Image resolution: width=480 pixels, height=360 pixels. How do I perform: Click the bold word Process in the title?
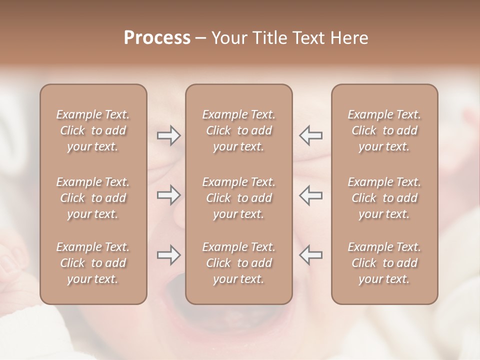tap(157, 38)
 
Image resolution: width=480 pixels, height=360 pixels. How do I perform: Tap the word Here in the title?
tap(348, 38)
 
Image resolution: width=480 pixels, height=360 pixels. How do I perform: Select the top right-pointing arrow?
tap(168, 135)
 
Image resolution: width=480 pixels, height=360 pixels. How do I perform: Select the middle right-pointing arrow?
tap(168, 195)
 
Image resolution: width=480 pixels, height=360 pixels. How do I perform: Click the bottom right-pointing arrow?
tap(168, 255)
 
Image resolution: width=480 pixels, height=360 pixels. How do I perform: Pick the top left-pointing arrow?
tap(310, 135)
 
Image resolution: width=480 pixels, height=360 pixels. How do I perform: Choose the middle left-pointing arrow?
tap(310, 195)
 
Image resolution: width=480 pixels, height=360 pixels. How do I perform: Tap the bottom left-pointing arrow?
tap(310, 255)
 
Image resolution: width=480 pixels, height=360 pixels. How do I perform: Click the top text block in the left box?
tap(93, 130)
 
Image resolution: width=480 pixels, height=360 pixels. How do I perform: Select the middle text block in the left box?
tap(93, 198)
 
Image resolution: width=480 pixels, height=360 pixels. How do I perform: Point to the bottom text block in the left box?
tap(93, 263)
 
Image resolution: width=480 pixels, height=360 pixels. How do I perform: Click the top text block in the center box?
tap(239, 130)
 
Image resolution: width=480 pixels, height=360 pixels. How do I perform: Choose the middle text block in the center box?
tap(239, 198)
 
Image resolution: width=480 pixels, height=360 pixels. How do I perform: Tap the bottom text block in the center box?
tap(239, 263)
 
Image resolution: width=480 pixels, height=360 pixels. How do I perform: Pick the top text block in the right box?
tap(384, 130)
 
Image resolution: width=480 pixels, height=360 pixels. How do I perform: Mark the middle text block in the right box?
tap(384, 198)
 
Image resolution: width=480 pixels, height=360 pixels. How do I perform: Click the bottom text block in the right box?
tap(384, 263)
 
